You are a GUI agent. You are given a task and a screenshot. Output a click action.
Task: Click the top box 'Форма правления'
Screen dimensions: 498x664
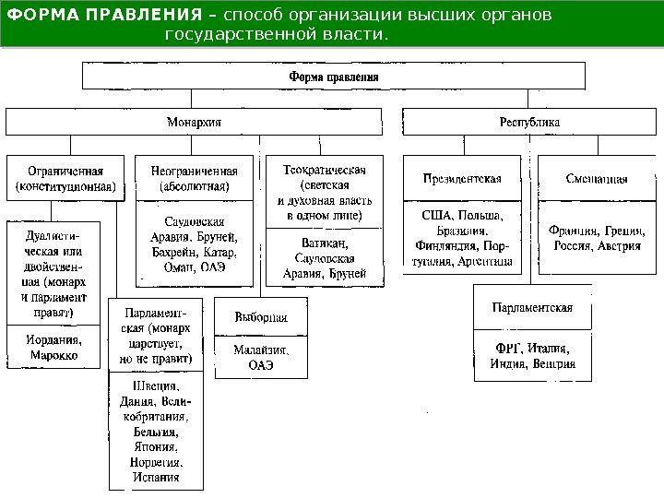click(334, 77)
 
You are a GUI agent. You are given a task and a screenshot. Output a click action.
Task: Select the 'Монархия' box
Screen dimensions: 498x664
click(193, 121)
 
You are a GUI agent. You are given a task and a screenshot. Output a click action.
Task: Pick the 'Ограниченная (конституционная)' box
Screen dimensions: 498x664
click(64, 177)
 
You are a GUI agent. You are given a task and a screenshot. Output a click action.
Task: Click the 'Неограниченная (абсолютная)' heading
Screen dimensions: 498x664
click(193, 177)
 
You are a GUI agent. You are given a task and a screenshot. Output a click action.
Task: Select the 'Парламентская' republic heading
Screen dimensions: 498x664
click(533, 307)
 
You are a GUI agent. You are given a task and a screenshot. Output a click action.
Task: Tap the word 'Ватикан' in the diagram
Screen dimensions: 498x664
click(316, 243)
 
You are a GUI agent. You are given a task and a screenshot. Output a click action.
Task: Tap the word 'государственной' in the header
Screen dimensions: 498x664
click(235, 34)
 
